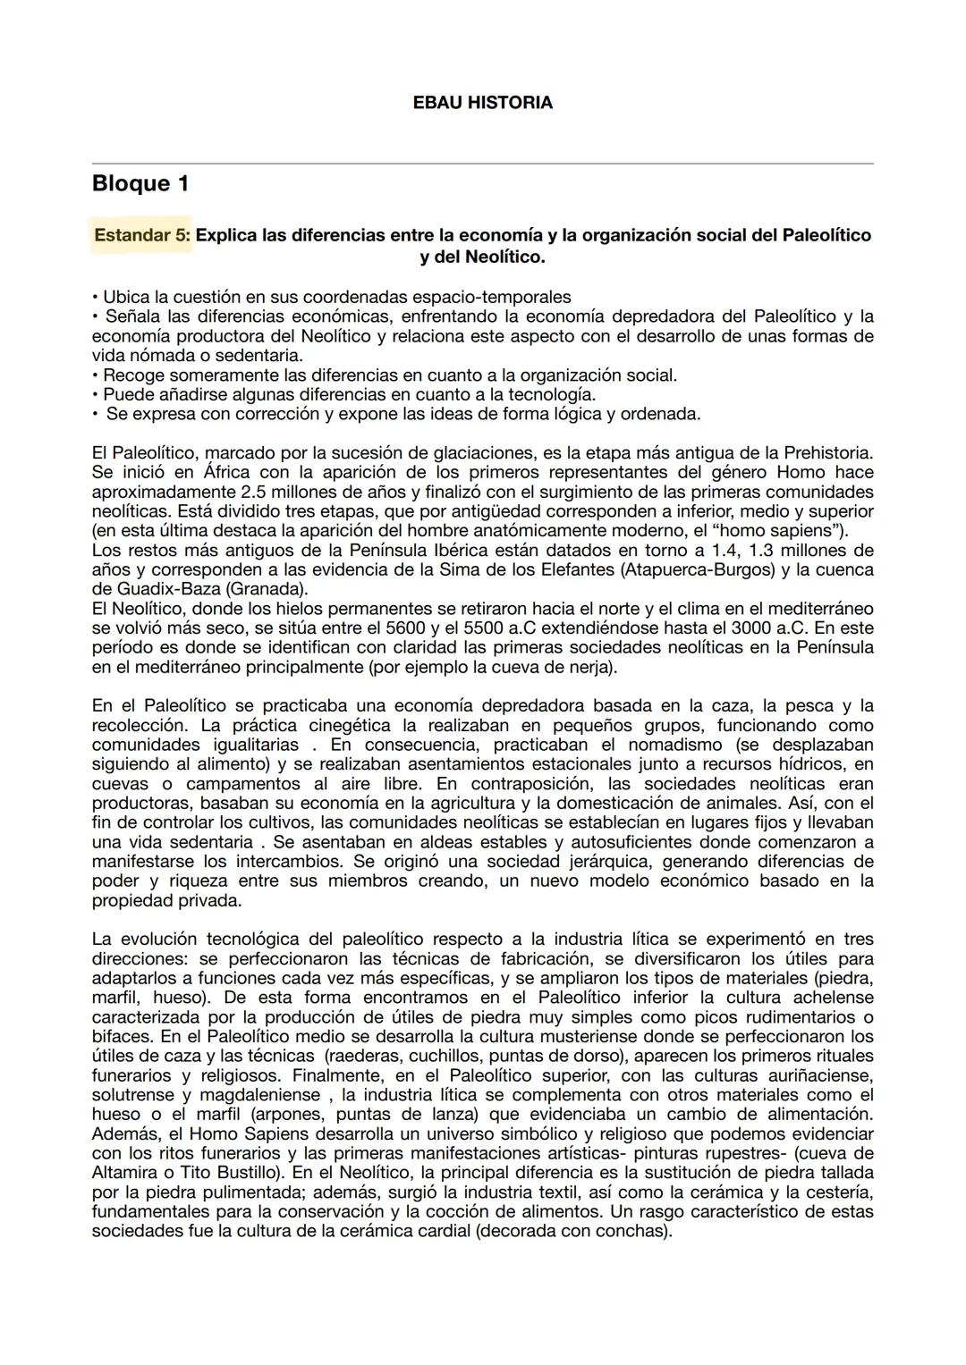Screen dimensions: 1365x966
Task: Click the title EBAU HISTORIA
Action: click(x=482, y=103)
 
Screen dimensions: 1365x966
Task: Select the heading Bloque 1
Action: click(x=140, y=183)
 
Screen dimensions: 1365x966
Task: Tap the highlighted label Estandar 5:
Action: click(x=142, y=236)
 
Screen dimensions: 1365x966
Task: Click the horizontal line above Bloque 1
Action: click(x=482, y=164)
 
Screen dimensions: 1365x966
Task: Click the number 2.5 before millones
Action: click(x=254, y=492)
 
